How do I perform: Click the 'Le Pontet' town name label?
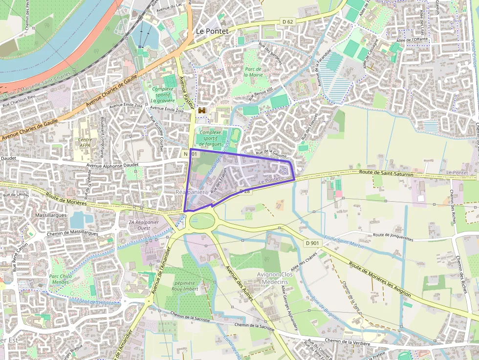coord(212,31)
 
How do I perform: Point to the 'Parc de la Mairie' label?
coord(253,72)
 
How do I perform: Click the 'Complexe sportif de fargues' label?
coord(211,138)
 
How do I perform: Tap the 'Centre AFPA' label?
coord(85,142)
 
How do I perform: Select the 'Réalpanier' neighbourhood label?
coord(189,192)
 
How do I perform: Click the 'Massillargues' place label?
coord(51,215)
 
